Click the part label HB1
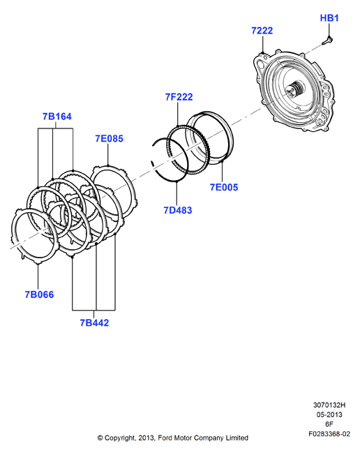[x=329, y=18]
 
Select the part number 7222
[x=262, y=31]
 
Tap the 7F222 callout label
[x=179, y=97]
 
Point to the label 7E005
[x=224, y=187]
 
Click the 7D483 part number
[x=177, y=210]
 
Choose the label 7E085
[x=109, y=139]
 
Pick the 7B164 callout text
[x=57, y=117]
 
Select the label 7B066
[x=39, y=295]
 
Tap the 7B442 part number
[x=94, y=322]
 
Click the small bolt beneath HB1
[x=327, y=40]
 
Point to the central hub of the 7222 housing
[x=295, y=89]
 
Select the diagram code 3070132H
[x=329, y=405]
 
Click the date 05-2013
[x=329, y=415]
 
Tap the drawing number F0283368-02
[x=329, y=434]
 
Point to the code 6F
[x=329, y=424]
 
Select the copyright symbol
[x=100, y=438]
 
